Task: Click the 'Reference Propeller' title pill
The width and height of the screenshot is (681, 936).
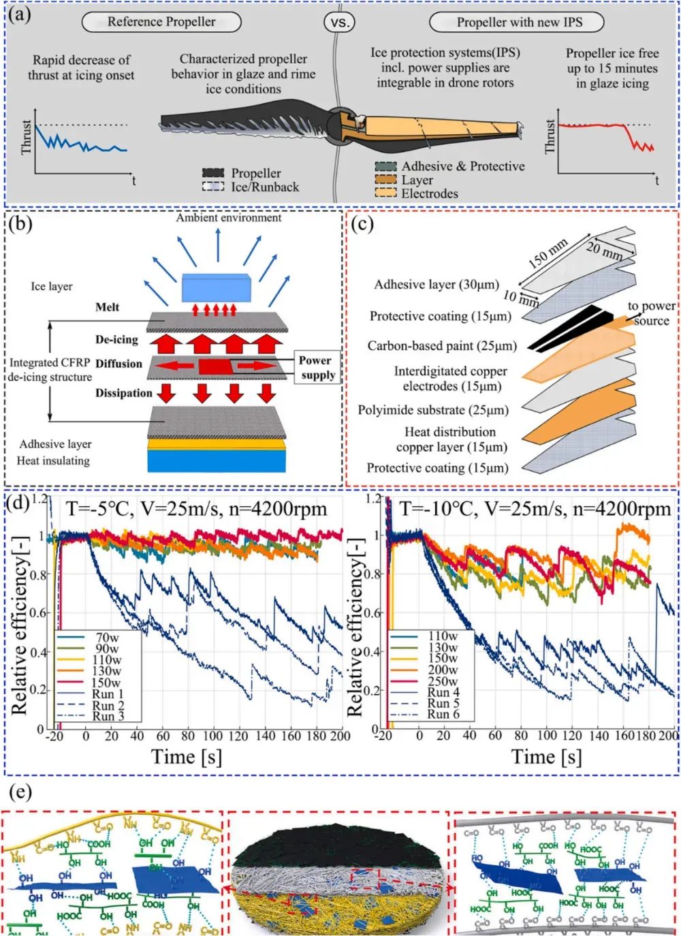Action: coord(161,22)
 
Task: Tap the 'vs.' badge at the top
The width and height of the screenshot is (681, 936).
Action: coord(339,22)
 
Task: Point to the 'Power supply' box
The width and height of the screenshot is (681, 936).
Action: coord(317,367)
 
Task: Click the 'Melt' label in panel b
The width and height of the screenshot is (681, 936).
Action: coord(107,307)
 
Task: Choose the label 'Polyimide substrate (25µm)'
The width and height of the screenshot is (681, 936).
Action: coord(433,410)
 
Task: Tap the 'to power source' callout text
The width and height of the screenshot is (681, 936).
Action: coord(651,313)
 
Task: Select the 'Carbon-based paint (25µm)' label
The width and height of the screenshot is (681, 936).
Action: coord(442,346)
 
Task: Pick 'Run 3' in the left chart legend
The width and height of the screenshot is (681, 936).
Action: coord(108,716)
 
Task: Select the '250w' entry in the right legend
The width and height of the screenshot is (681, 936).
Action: coord(443,681)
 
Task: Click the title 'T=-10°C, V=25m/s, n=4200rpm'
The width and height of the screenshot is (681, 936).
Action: coord(535,509)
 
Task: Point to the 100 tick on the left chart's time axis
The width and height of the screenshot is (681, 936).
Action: coord(212,736)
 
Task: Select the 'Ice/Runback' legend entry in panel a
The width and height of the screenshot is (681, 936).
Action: coord(265,187)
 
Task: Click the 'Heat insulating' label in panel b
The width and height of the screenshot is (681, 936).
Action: coord(53,461)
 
